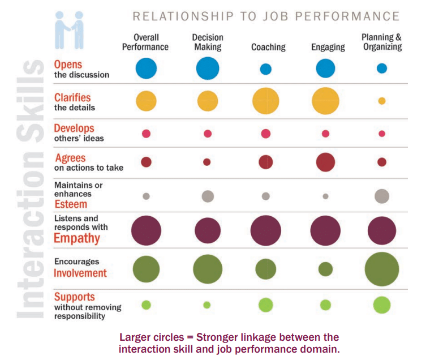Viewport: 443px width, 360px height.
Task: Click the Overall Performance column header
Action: [x=145, y=42]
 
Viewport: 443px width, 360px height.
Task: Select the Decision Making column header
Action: [x=208, y=42]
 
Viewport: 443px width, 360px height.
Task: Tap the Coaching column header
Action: [x=269, y=48]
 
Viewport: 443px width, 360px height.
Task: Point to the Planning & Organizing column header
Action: [x=382, y=42]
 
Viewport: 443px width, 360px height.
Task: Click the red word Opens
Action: [x=68, y=65]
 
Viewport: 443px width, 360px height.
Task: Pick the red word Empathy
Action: [x=76, y=238]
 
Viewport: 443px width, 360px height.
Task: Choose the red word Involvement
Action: [x=80, y=273]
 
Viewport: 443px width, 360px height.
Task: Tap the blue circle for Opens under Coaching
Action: [x=265, y=69]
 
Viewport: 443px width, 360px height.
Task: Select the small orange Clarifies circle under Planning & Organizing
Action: [x=382, y=101]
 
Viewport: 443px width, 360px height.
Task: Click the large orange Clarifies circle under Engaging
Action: [x=325, y=101]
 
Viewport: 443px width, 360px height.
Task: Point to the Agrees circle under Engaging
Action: [x=325, y=162]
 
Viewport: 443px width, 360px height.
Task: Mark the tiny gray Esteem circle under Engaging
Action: [x=325, y=196]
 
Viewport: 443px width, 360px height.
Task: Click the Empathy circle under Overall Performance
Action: [x=146, y=230]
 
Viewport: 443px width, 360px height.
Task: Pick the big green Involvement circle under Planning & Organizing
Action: [x=382, y=269]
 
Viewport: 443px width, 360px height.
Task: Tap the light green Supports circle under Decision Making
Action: [x=207, y=305]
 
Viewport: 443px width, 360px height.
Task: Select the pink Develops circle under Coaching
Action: [x=265, y=134]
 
